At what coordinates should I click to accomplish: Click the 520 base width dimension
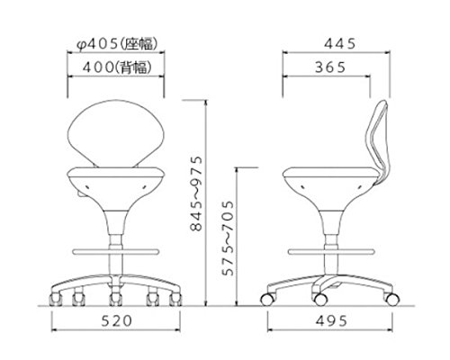(x=116, y=321)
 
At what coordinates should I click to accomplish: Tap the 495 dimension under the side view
(x=331, y=321)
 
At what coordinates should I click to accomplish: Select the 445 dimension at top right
(x=340, y=44)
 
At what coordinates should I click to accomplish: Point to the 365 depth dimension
(x=330, y=67)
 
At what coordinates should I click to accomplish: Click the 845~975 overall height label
(x=197, y=193)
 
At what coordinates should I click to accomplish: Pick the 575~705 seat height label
(x=227, y=238)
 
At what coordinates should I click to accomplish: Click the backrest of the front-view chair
(x=116, y=133)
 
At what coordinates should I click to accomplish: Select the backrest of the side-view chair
(x=377, y=141)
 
